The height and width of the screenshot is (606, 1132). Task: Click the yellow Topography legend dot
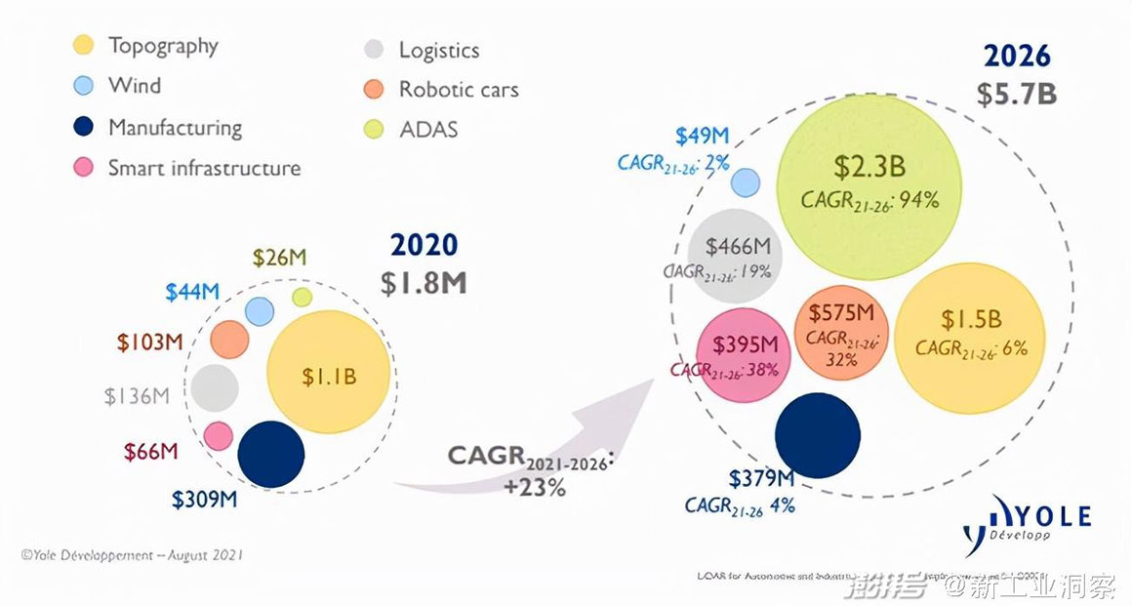point(84,45)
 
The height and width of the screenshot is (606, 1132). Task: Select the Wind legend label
point(135,85)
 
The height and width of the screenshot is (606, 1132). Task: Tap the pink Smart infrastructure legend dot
point(84,168)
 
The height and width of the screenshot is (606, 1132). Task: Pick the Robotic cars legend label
point(459,90)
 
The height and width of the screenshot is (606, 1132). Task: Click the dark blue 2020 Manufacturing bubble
point(271,454)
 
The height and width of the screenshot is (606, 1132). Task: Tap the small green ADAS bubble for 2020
point(303,297)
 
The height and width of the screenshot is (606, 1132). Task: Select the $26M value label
point(280,258)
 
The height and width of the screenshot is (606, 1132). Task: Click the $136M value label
point(138,396)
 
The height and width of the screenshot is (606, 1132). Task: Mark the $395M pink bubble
point(742,353)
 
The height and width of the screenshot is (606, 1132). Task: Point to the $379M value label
point(761,478)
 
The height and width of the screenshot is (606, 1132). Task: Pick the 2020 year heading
point(424,244)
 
